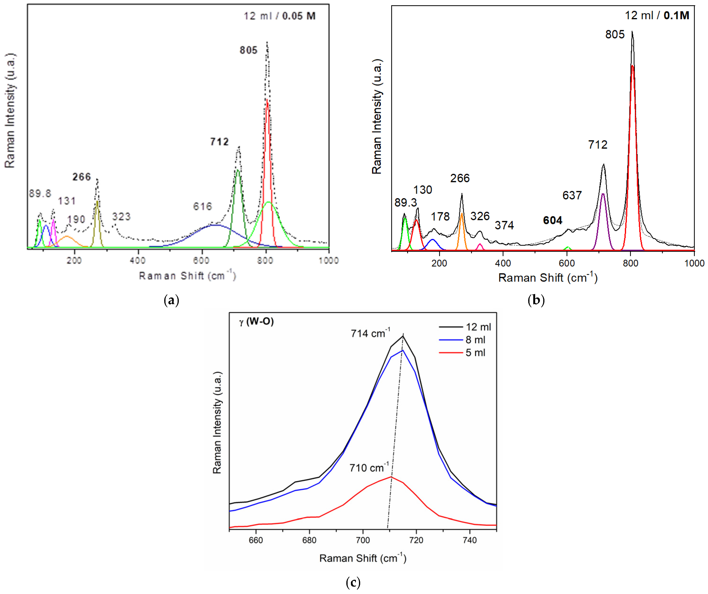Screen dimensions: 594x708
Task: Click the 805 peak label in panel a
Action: coord(249,50)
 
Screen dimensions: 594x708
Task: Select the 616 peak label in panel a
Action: coord(202,206)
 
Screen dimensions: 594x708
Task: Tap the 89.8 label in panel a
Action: coord(40,193)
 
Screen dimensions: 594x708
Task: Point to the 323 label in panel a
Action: coord(121,217)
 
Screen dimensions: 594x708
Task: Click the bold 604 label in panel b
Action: coord(552,221)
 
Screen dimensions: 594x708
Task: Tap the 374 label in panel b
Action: coord(504,225)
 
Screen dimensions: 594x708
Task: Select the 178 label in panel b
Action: coord(440,217)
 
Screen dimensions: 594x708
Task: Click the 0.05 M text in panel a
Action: coord(299,16)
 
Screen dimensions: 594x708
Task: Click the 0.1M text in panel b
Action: coord(676,15)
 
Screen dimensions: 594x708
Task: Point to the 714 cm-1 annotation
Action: coord(370,333)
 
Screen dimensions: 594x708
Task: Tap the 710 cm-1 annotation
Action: coord(368,468)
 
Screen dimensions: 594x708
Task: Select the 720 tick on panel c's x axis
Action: coord(416,540)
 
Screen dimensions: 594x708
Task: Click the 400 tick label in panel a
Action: coord(137,260)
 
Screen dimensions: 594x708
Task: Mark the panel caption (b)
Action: coord(536,300)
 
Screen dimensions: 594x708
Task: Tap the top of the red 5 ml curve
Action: coord(391,477)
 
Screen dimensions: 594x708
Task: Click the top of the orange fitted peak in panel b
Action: coord(462,213)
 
